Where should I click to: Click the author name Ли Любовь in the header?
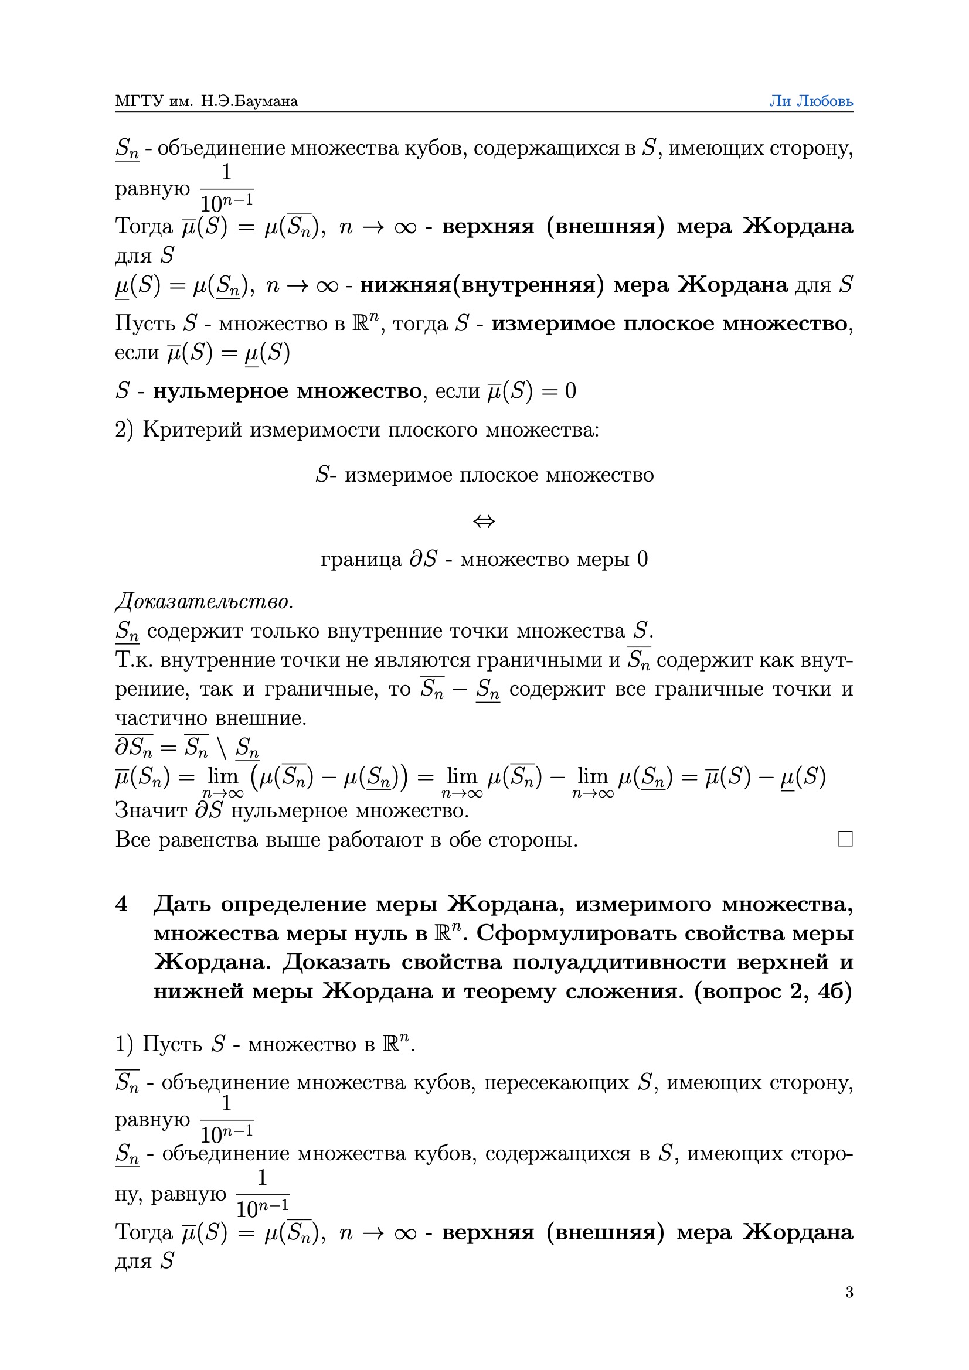pyautogui.click(x=810, y=101)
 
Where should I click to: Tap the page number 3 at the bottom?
pyautogui.click(x=849, y=1292)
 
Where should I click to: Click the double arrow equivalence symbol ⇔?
pyautogui.click(x=484, y=522)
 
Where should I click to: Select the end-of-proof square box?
pyautogui.click(x=845, y=839)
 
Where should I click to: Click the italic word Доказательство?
pyautogui.click(x=204, y=601)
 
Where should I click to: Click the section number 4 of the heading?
pyautogui.click(x=121, y=904)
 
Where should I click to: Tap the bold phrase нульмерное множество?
pyautogui.click(x=287, y=391)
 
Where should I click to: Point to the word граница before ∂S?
pyautogui.click(x=361, y=559)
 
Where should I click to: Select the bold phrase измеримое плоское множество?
pyautogui.click(x=669, y=323)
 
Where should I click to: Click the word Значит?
pyautogui.click(x=151, y=810)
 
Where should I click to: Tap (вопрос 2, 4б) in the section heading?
pyautogui.click(x=773, y=991)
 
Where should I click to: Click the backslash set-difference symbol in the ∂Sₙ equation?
pyautogui.click(x=222, y=747)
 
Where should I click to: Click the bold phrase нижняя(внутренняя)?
pyautogui.click(x=477, y=285)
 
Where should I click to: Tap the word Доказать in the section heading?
pyautogui.click(x=336, y=962)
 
